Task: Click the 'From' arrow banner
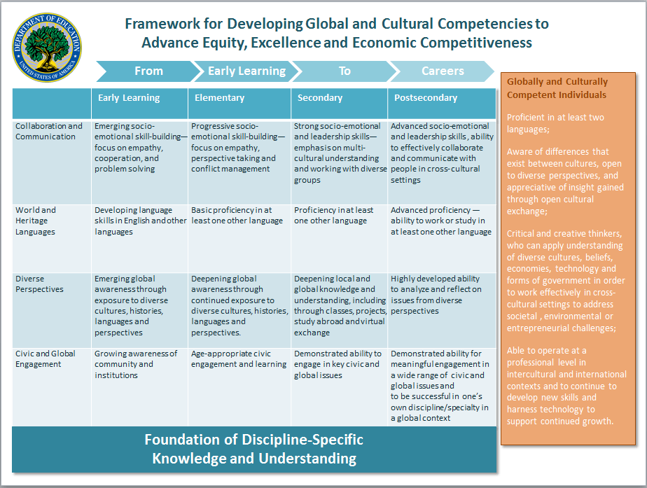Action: click(148, 71)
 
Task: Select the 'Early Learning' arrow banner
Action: click(246, 71)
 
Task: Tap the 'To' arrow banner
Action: click(345, 71)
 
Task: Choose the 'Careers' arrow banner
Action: click(443, 71)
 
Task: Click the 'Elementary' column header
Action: click(219, 98)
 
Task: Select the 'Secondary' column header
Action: click(319, 98)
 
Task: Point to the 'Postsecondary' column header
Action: click(425, 98)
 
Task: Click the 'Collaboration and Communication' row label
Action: click(49, 132)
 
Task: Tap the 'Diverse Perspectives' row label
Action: click(39, 284)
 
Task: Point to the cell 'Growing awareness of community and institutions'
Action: click(136, 364)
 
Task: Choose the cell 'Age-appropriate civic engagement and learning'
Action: click(238, 358)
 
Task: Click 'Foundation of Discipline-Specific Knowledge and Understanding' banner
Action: click(254, 449)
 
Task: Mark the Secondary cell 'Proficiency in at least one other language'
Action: click(333, 216)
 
